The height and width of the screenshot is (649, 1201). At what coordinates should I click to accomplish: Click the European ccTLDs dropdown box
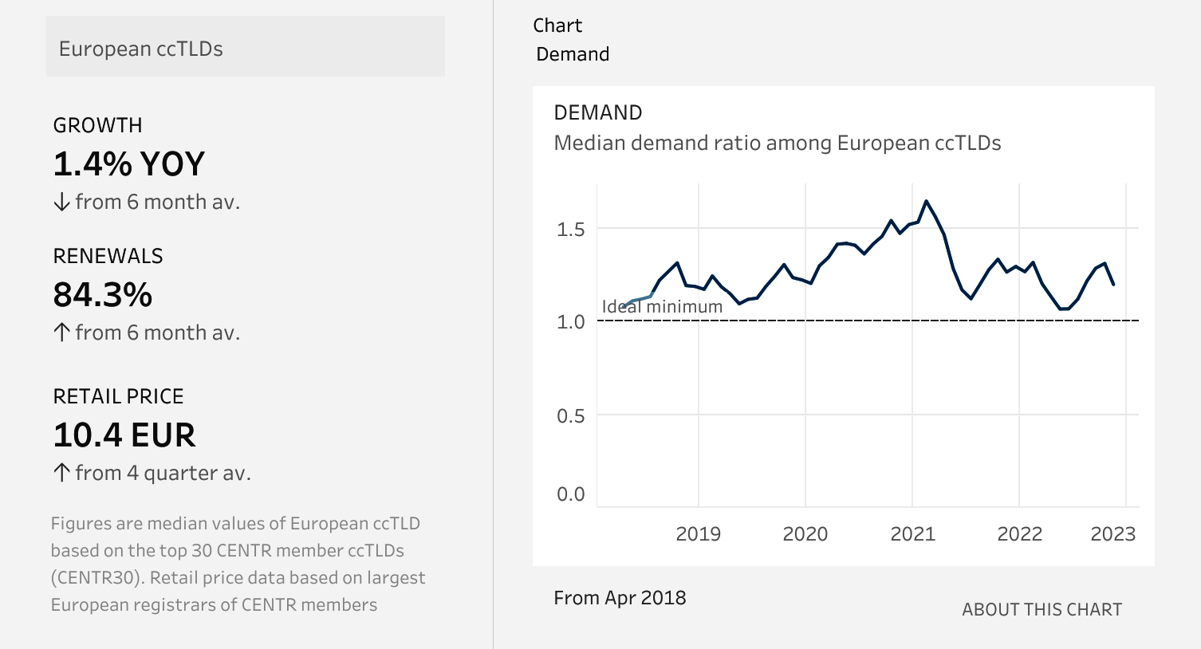tap(246, 46)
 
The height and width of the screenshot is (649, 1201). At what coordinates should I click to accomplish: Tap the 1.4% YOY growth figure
tap(128, 163)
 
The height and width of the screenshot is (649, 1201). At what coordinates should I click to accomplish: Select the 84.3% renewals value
tap(102, 294)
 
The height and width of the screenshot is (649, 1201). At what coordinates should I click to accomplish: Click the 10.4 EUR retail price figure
tap(124, 435)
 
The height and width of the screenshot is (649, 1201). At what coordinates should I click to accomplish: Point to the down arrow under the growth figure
tap(61, 202)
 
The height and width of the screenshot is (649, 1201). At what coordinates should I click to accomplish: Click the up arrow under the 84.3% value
tap(61, 332)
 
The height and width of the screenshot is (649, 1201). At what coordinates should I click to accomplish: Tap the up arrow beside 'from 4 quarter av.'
tap(61, 473)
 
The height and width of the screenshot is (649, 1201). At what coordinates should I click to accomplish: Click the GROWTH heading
tap(97, 125)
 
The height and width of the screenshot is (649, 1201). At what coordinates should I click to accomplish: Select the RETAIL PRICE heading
tap(118, 396)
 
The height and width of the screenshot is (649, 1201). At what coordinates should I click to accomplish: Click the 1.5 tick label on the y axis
tap(570, 230)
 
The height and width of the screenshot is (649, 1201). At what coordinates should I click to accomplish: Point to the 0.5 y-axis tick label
tap(570, 415)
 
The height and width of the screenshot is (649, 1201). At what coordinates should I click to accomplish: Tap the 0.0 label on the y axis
tap(570, 494)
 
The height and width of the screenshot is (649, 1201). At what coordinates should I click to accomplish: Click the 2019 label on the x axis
tap(698, 533)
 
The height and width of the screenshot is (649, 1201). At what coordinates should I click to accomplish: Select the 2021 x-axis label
tap(912, 533)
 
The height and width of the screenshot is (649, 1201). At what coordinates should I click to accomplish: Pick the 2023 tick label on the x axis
tap(1113, 533)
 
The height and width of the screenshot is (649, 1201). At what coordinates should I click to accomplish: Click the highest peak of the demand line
tap(926, 201)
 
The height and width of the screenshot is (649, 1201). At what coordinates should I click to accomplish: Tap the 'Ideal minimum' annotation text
tap(662, 306)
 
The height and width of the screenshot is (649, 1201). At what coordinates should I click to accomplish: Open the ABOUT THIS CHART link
tap(1042, 609)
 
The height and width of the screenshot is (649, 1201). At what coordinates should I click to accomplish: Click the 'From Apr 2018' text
tap(620, 597)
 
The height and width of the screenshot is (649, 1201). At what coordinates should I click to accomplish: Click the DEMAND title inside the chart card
tap(598, 112)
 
